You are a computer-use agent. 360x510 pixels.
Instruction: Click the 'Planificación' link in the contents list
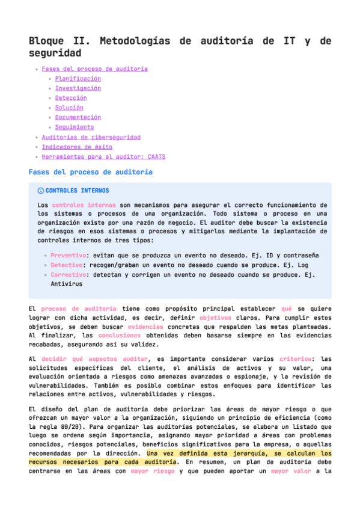(78, 79)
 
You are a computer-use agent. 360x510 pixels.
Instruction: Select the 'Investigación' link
(78, 88)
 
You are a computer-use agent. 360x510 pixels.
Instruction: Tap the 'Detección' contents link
(71, 98)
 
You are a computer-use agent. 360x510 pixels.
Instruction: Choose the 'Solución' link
(69, 108)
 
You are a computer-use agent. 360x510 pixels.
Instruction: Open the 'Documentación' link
(78, 117)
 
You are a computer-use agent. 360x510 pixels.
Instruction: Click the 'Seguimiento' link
(75, 127)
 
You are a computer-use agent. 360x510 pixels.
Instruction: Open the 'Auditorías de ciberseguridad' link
(91, 137)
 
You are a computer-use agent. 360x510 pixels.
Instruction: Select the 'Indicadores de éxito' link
(77, 147)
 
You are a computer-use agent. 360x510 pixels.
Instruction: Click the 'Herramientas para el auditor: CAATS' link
(103, 156)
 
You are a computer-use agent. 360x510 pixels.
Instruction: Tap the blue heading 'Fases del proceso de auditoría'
(91, 173)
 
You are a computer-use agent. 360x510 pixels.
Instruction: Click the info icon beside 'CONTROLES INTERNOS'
(40, 191)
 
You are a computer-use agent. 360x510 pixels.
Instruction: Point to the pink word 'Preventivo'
(69, 255)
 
